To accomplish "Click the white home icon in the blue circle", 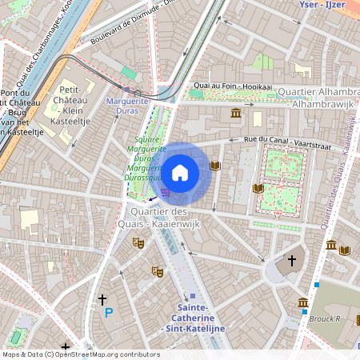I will (x=180, y=173).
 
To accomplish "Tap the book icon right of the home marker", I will (x=214, y=166).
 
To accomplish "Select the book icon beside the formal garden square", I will (x=258, y=188).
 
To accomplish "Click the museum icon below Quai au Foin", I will (x=236, y=114).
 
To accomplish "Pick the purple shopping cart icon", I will (x=166, y=192).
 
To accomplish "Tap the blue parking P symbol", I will (x=109, y=313).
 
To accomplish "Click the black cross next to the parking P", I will (x=102, y=298).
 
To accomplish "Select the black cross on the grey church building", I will (x=292, y=261).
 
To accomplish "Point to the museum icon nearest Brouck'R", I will (x=303, y=303).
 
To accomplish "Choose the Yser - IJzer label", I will (x=322, y=5).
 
